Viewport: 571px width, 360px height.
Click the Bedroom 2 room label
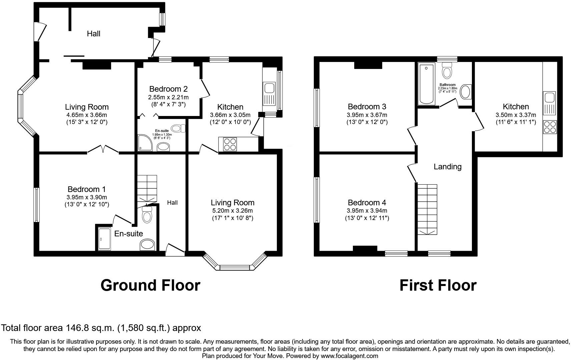[x=168, y=89]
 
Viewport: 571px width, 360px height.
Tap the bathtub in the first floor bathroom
[x=426, y=85]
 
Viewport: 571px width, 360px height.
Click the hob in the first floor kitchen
[x=550, y=127]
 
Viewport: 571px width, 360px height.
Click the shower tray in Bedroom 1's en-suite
[x=104, y=239]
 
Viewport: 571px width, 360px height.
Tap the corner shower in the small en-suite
[x=145, y=143]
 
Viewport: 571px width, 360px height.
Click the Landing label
[x=447, y=167]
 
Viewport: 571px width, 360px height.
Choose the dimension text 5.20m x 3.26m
[x=232, y=211]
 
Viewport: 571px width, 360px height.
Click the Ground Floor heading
[x=150, y=285]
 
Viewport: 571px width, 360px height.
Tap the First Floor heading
[x=438, y=285]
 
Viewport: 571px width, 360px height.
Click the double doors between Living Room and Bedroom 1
[x=103, y=150]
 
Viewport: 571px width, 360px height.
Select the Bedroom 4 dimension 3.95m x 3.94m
[x=367, y=211]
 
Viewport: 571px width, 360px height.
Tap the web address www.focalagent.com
[x=349, y=356]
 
